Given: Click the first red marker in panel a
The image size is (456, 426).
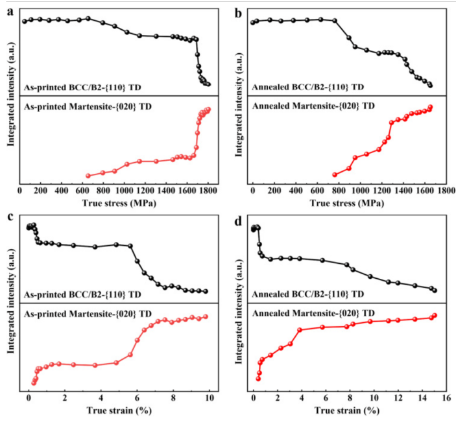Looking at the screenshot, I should pyautogui.click(x=88, y=176).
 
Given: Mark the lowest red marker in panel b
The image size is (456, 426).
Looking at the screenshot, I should pyautogui.click(x=335, y=174).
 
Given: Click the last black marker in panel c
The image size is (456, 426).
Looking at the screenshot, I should pyautogui.click(x=206, y=291).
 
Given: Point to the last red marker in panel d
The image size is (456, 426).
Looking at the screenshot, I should pyautogui.click(x=435, y=315).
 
